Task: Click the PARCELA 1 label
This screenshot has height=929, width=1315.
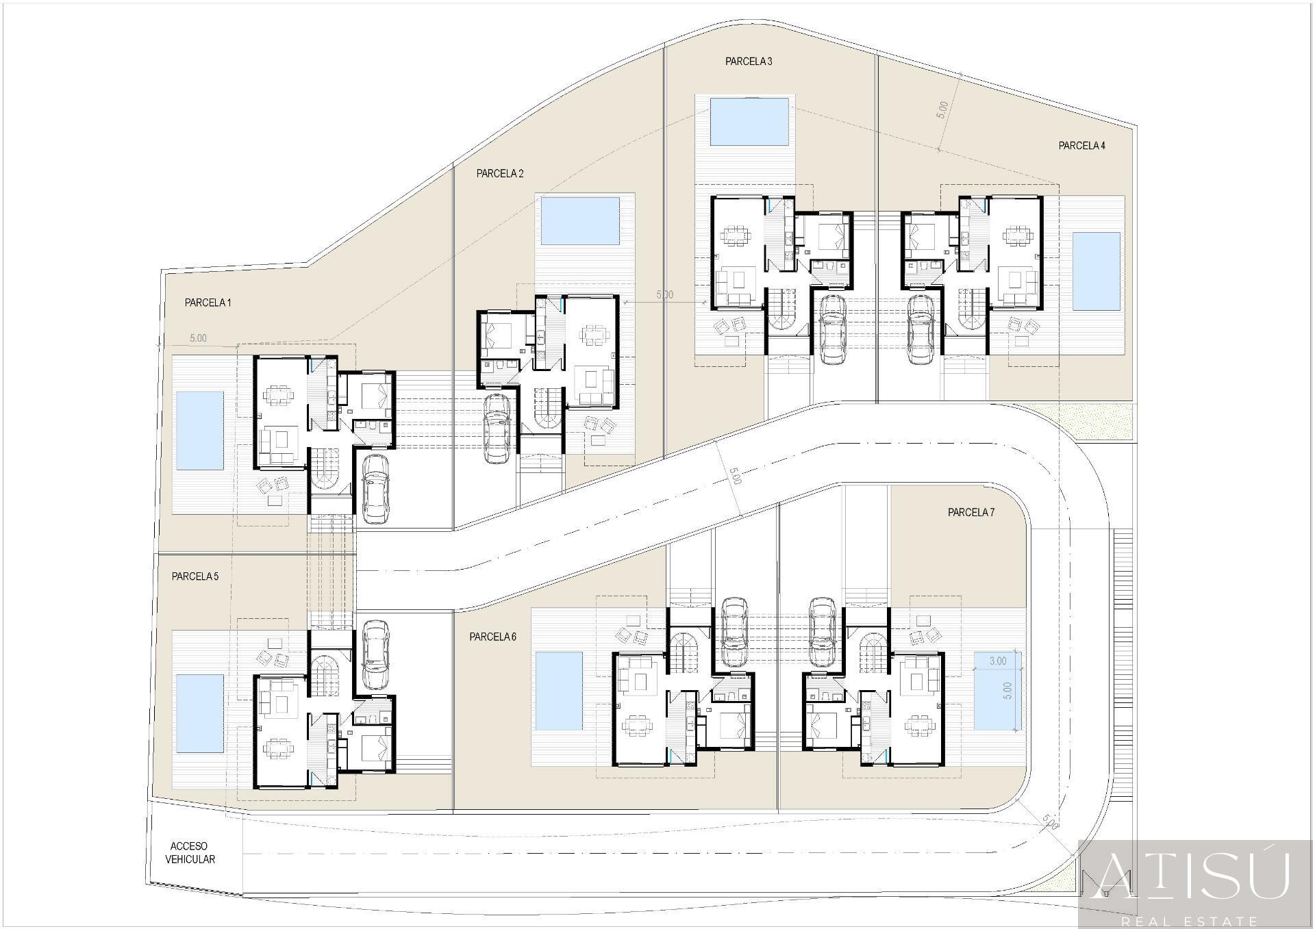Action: [208, 303]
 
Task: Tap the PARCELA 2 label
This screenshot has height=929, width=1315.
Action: [500, 174]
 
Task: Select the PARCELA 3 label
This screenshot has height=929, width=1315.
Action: [749, 62]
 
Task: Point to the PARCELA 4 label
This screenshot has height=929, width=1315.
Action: [1081, 146]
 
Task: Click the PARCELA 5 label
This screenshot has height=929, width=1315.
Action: [195, 576]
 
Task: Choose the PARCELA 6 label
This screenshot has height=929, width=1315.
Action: [492, 637]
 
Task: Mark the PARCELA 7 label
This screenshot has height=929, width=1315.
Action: [970, 512]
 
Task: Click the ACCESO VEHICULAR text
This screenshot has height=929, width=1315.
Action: [190, 853]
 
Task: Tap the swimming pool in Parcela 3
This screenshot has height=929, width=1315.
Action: [749, 121]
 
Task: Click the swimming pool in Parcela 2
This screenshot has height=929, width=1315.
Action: [580, 221]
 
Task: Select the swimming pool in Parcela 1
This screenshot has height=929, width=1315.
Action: [200, 431]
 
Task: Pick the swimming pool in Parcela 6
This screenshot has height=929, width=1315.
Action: [558, 691]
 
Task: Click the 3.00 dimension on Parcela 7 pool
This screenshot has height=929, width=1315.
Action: [998, 661]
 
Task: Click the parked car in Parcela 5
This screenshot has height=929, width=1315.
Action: [375, 654]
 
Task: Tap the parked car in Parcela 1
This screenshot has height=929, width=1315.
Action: [375, 489]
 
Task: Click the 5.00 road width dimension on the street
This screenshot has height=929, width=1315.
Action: [734, 476]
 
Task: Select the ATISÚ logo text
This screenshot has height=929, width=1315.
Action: [1195, 878]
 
